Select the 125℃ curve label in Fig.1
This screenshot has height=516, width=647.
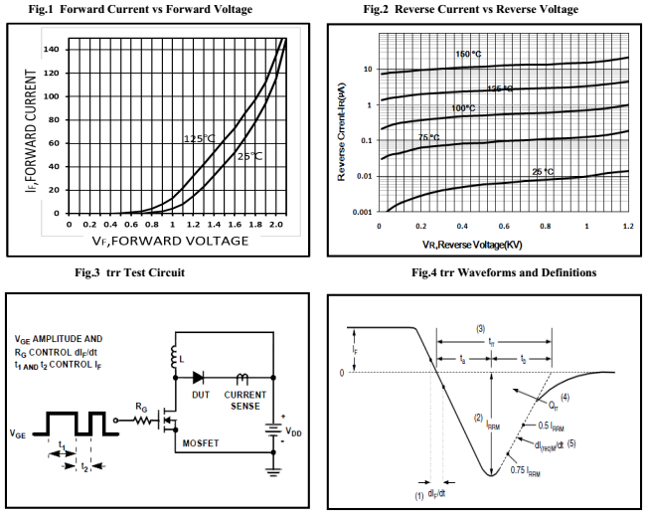point(200,138)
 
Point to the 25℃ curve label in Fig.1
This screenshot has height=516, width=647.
point(249,156)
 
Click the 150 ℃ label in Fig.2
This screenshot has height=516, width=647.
point(468,54)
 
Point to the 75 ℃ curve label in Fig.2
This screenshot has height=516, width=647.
point(428,138)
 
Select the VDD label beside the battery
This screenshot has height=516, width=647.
point(295,433)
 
